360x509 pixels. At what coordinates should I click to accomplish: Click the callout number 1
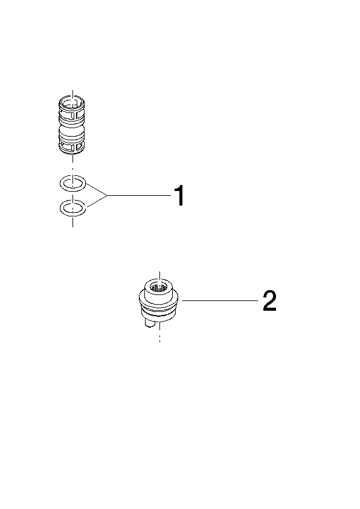pyautogui.click(x=179, y=195)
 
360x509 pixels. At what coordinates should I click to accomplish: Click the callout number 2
pyautogui.click(x=269, y=301)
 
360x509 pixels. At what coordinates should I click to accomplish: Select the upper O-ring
pyautogui.click(x=73, y=183)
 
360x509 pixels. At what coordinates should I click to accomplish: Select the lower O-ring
pyautogui.click(x=73, y=207)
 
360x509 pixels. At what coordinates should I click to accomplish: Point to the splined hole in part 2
pyautogui.click(x=159, y=287)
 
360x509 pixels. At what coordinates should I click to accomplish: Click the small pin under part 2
pyautogui.click(x=150, y=323)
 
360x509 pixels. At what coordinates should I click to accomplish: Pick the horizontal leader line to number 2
pyautogui.click(x=220, y=301)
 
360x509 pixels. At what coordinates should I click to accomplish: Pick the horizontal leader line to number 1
pyautogui.click(x=140, y=195)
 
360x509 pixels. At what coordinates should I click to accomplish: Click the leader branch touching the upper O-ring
pyautogui.click(x=96, y=189)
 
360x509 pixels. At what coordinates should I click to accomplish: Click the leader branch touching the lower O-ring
pyautogui.click(x=96, y=201)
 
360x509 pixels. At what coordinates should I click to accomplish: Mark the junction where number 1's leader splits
pyautogui.click(x=108, y=195)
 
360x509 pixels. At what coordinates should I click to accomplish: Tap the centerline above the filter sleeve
pyautogui.click(x=72, y=94)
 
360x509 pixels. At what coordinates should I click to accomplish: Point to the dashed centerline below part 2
pyautogui.click(x=159, y=335)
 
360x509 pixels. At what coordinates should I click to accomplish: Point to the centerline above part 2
pyautogui.click(x=159, y=276)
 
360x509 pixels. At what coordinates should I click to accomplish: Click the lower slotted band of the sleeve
pyautogui.click(x=72, y=147)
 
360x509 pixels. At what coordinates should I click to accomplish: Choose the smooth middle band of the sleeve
pyautogui.click(x=72, y=133)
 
